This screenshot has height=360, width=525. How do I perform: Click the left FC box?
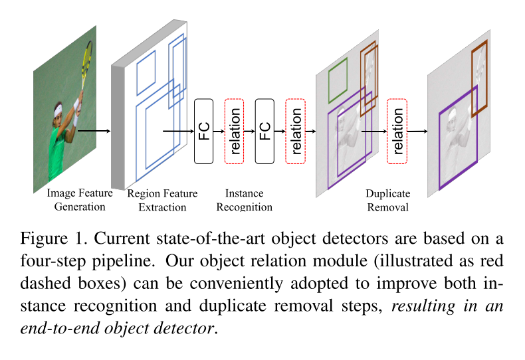pyautogui.click(x=203, y=131)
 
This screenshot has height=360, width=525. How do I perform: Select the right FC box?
pyautogui.click(x=264, y=131)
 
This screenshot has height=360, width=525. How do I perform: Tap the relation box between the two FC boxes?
pyautogui.click(x=235, y=131)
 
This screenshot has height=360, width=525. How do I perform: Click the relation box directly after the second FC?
pyautogui.click(x=296, y=131)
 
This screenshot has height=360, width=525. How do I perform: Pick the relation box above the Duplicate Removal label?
pyautogui.click(x=397, y=131)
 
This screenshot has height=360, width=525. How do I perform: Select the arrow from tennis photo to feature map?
pyautogui.click(x=93, y=131)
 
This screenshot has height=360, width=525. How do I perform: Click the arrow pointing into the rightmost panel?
pyautogui.click(x=417, y=131)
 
